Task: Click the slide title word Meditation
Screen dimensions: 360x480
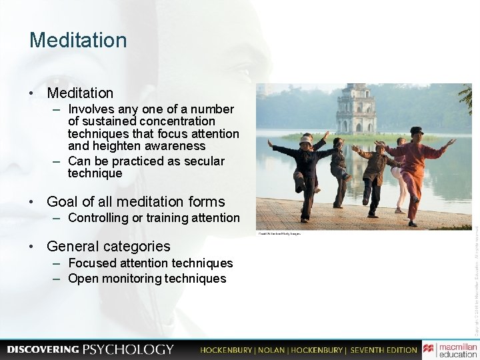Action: (x=77, y=40)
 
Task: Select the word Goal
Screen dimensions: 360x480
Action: (x=63, y=201)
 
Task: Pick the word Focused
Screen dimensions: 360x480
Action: (x=93, y=263)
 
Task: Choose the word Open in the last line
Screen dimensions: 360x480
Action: (x=83, y=279)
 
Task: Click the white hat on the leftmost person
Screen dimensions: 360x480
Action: (x=305, y=141)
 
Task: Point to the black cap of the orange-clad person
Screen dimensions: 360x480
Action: (x=417, y=130)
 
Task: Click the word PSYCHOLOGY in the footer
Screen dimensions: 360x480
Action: (x=128, y=349)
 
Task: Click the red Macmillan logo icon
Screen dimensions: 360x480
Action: (x=428, y=349)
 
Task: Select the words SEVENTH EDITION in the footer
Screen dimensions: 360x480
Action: (x=383, y=349)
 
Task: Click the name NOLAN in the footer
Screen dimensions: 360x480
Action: (x=273, y=349)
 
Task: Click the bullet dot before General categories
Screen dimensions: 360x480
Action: (x=33, y=247)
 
